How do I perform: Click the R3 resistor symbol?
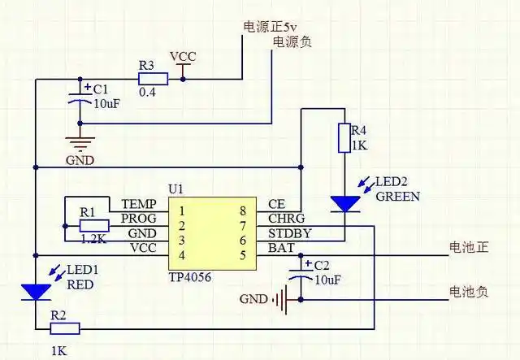tap(153, 79)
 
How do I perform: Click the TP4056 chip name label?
tap(191, 276)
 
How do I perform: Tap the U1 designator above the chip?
tap(176, 189)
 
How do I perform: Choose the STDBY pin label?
tap(288, 234)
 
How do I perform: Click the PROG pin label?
tap(138, 219)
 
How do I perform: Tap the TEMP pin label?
tap(138, 204)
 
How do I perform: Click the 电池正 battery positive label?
tap(469, 247)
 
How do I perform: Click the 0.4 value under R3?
tap(148, 93)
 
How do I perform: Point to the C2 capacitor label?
tap(322, 266)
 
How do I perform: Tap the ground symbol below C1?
tap(80, 144)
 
